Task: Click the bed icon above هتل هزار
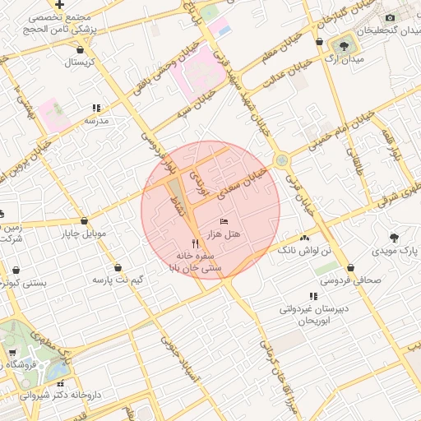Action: tap(224, 222)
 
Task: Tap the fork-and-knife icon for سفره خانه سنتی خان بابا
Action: tap(195, 243)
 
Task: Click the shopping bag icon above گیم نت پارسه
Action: tap(118, 268)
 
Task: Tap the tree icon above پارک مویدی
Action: tap(394, 236)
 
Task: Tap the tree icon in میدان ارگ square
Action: tap(342, 43)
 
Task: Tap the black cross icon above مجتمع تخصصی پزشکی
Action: tap(60, 5)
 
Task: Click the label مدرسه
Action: tap(96, 120)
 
